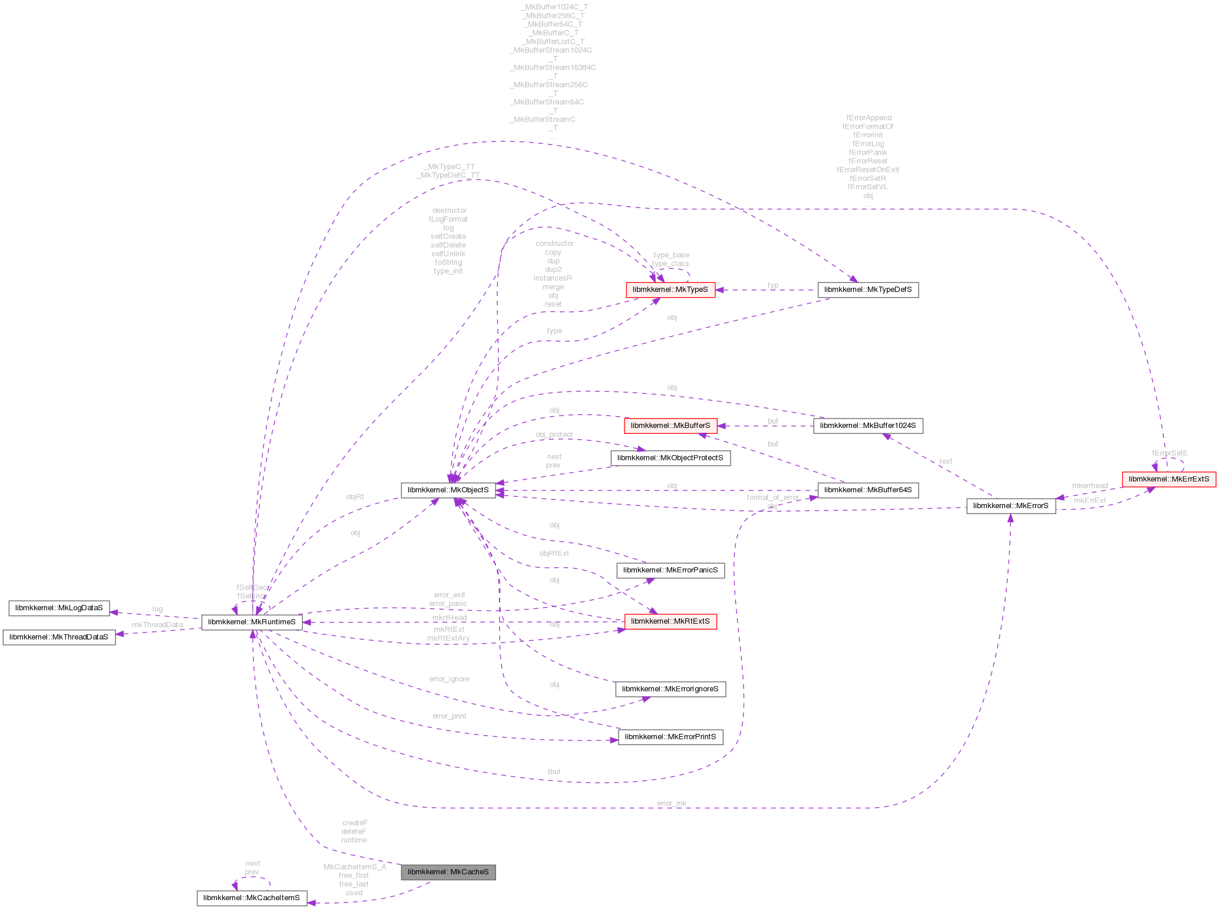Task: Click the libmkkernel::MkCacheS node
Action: [x=448, y=872]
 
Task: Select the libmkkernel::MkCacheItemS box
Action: [x=252, y=898]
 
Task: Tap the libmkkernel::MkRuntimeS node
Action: [x=252, y=622]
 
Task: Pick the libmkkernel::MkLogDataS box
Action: [x=59, y=608]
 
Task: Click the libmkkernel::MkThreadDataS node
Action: [x=59, y=637]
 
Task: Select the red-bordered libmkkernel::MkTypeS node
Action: [x=670, y=289]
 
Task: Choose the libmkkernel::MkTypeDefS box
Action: [x=867, y=289]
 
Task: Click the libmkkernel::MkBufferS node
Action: [x=670, y=425]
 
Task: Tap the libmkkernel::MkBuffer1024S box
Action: [x=868, y=425]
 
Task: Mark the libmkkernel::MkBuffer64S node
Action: [x=868, y=490]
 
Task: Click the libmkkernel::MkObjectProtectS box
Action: [x=670, y=458]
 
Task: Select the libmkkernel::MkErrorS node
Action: [x=1010, y=505]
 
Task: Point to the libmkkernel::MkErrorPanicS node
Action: [x=670, y=570]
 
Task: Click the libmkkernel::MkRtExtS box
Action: [x=670, y=621]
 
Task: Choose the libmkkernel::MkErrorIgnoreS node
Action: [x=670, y=689]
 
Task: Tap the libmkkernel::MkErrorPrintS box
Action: [x=670, y=737]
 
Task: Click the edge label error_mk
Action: [x=672, y=803]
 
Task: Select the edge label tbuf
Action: [x=554, y=772]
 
